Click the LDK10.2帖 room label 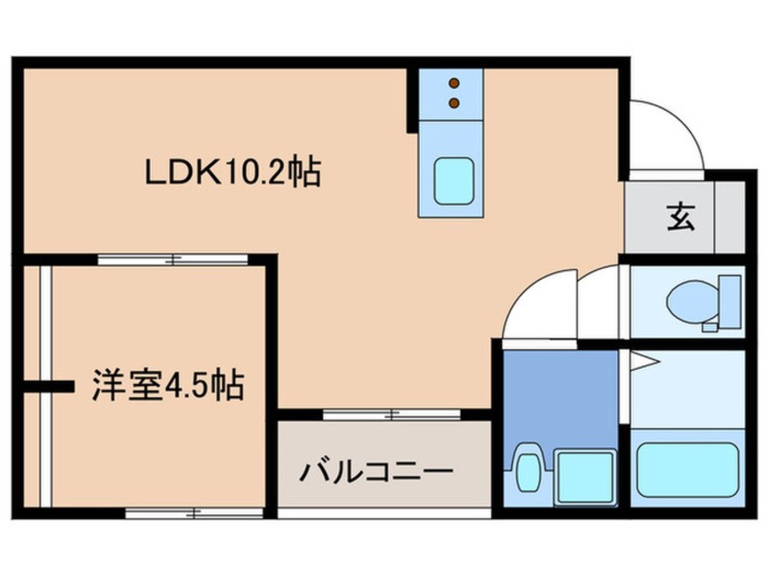click(x=233, y=172)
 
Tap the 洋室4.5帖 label click(x=168, y=385)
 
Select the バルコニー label click(x=376, y=472)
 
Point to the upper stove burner click(x=454, y=83)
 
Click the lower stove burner click(x=454, y=103)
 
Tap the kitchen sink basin click(x=454, y=181)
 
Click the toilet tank click(x=730, y=302)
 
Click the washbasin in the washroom click(x=527, y=468)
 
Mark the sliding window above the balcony click(x=392, y=414)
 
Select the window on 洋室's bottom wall click(x=195, y=513)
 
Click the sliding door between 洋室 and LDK click(x=173, y=260)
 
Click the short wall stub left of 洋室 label click(x=49, y=387)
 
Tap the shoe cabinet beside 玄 click(x=730, y=216)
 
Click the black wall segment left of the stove click(x=412, y=101)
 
